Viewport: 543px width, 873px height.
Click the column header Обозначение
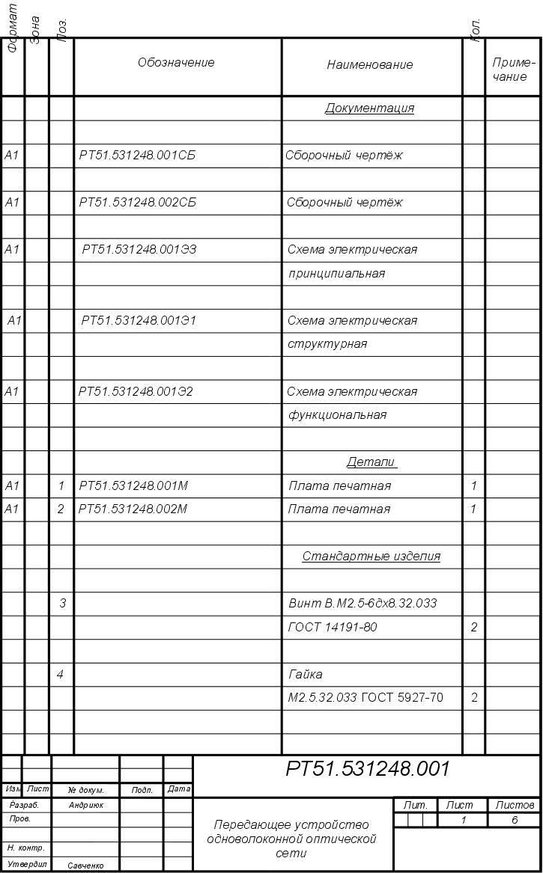pos(176,63)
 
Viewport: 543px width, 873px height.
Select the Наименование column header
pos(370,65)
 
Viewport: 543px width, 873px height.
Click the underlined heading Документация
pos(369,108)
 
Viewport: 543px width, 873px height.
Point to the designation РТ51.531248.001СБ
pos(138,156)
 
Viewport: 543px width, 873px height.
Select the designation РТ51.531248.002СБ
pos(138,203)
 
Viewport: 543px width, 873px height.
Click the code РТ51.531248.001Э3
pos(140,250)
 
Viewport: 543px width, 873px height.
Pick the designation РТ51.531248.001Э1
pos(139,321)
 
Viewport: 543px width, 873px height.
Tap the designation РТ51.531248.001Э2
pos(136,392)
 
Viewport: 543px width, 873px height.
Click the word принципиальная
pos(337,274)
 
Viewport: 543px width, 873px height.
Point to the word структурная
pos(328,345)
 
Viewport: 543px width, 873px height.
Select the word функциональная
pos(338,415)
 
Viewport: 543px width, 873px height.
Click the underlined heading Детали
pos(371,462)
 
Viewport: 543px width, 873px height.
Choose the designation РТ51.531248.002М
pos(133,509)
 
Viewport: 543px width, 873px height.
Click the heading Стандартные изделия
pos(371,557)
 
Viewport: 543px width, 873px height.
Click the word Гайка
pos(306,675)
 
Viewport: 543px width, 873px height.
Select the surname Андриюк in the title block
pos(86,806)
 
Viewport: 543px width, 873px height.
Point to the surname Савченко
pos(86,866)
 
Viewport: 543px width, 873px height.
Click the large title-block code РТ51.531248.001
pos(368,770)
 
